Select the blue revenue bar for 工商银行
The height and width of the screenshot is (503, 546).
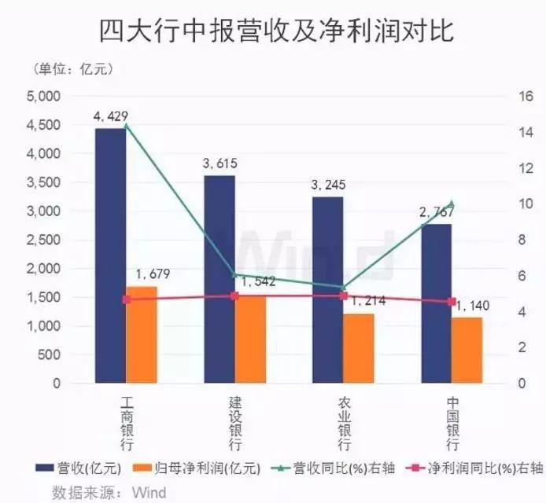point(110,255)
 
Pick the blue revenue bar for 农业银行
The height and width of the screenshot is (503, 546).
point(327,290)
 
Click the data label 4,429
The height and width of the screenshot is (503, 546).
point(111,118)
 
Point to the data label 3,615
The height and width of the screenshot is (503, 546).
point(220,163)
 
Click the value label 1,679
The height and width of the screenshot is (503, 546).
point(153,274)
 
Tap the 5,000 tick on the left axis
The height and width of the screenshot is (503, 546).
point(44,97)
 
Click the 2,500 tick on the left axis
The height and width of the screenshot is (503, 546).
point(44,240)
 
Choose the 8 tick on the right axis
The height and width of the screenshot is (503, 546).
point(522,240)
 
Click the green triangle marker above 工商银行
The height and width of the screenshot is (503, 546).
point(126,126)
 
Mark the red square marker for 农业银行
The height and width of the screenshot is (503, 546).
point(343,296)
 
